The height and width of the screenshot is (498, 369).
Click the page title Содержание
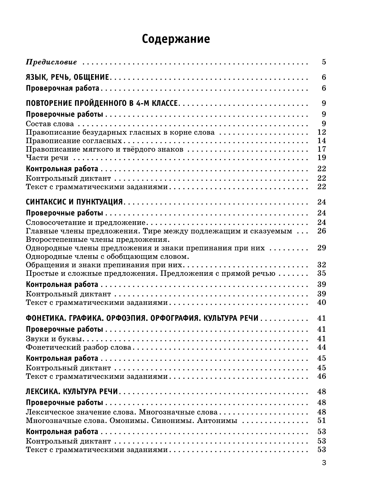[x=176, y=39]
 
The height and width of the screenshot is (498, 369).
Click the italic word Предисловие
[x=51, y=62]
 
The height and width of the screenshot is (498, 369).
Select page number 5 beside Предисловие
[x=324, y=62]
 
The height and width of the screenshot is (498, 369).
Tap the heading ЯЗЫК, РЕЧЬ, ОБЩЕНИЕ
[x=67, y=77]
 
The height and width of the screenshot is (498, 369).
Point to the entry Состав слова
[x=50, y=124]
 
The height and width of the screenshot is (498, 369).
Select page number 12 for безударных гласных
[x=322, y=133]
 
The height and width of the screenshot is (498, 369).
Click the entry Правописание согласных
[x=74, y=141]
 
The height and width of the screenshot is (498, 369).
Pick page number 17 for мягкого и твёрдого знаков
[x=322, y=149]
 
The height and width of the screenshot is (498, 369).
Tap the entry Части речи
[x=47, y=158]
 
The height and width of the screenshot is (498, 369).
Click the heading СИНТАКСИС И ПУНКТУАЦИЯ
[x=75, y=202]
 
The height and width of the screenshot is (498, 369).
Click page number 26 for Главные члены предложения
[x=322, y=231]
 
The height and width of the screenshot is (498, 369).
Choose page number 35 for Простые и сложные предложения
[x=322, y=274]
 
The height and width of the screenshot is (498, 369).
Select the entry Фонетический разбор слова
[x=79, y=347]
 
